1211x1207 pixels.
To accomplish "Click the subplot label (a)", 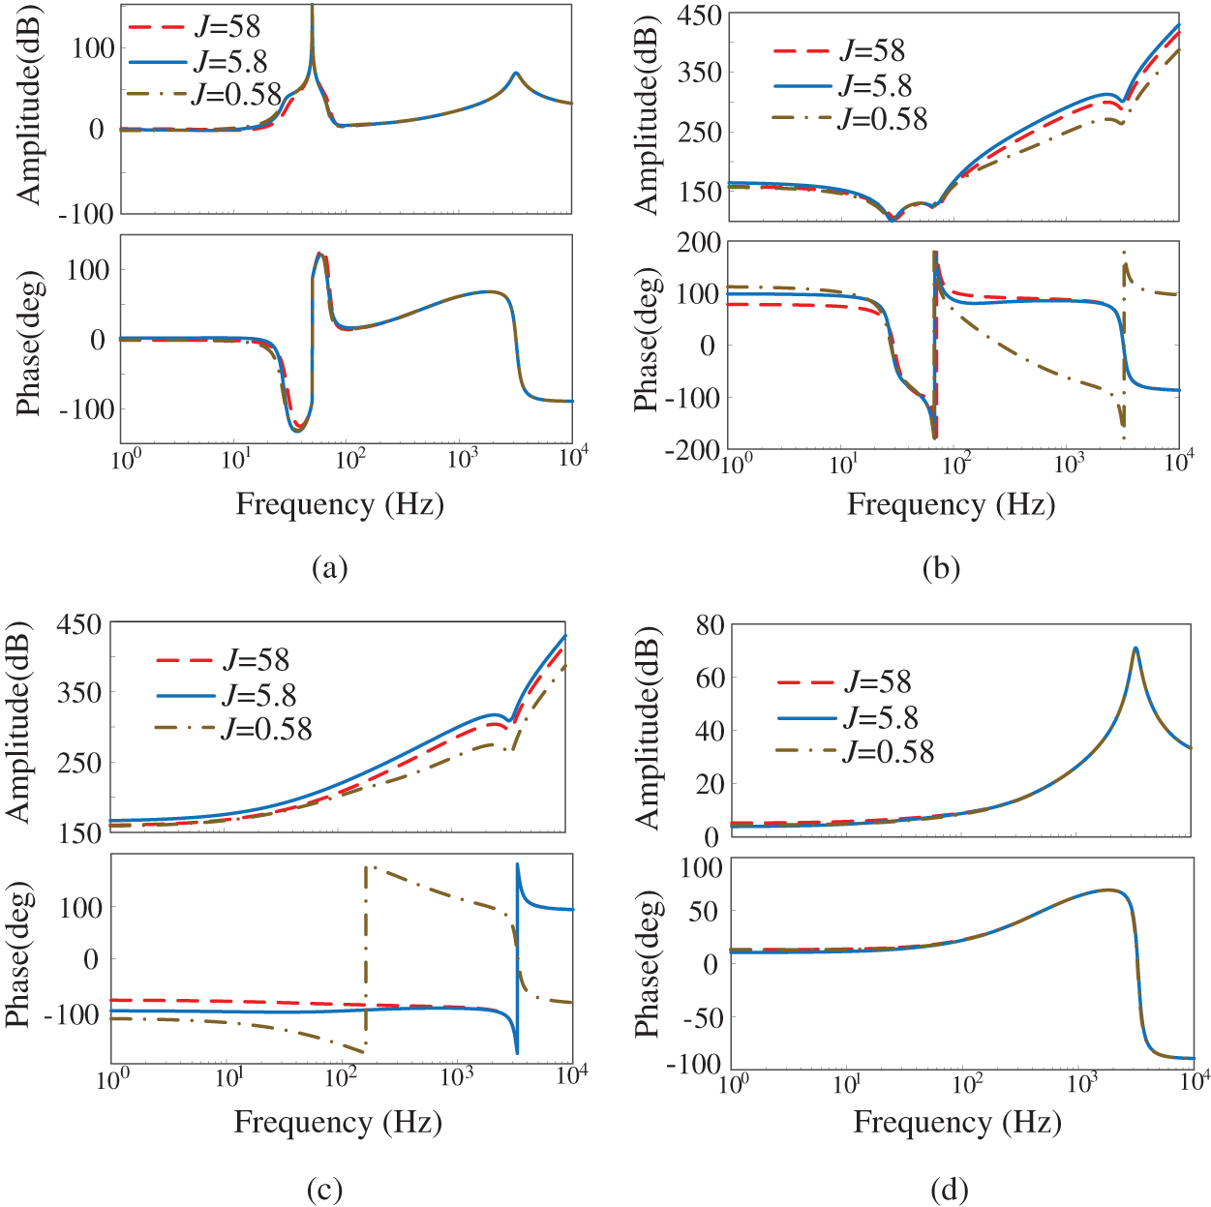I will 329,567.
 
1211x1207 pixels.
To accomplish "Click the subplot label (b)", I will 941,568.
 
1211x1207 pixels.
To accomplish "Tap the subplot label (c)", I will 324,1189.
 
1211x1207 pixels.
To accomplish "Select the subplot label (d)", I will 949,1189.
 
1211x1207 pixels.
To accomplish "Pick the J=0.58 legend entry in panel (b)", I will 882,119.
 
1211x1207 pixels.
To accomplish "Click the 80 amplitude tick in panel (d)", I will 710,625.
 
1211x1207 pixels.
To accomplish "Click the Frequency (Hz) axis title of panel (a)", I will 340,504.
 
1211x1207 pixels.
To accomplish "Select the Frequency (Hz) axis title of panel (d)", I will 957,1122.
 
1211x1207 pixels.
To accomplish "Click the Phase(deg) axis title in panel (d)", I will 650,965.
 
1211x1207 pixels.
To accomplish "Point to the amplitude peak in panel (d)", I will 1135,649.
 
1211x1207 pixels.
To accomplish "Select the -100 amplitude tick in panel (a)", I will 86,214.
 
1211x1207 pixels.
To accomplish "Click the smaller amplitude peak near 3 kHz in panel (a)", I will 516,73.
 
